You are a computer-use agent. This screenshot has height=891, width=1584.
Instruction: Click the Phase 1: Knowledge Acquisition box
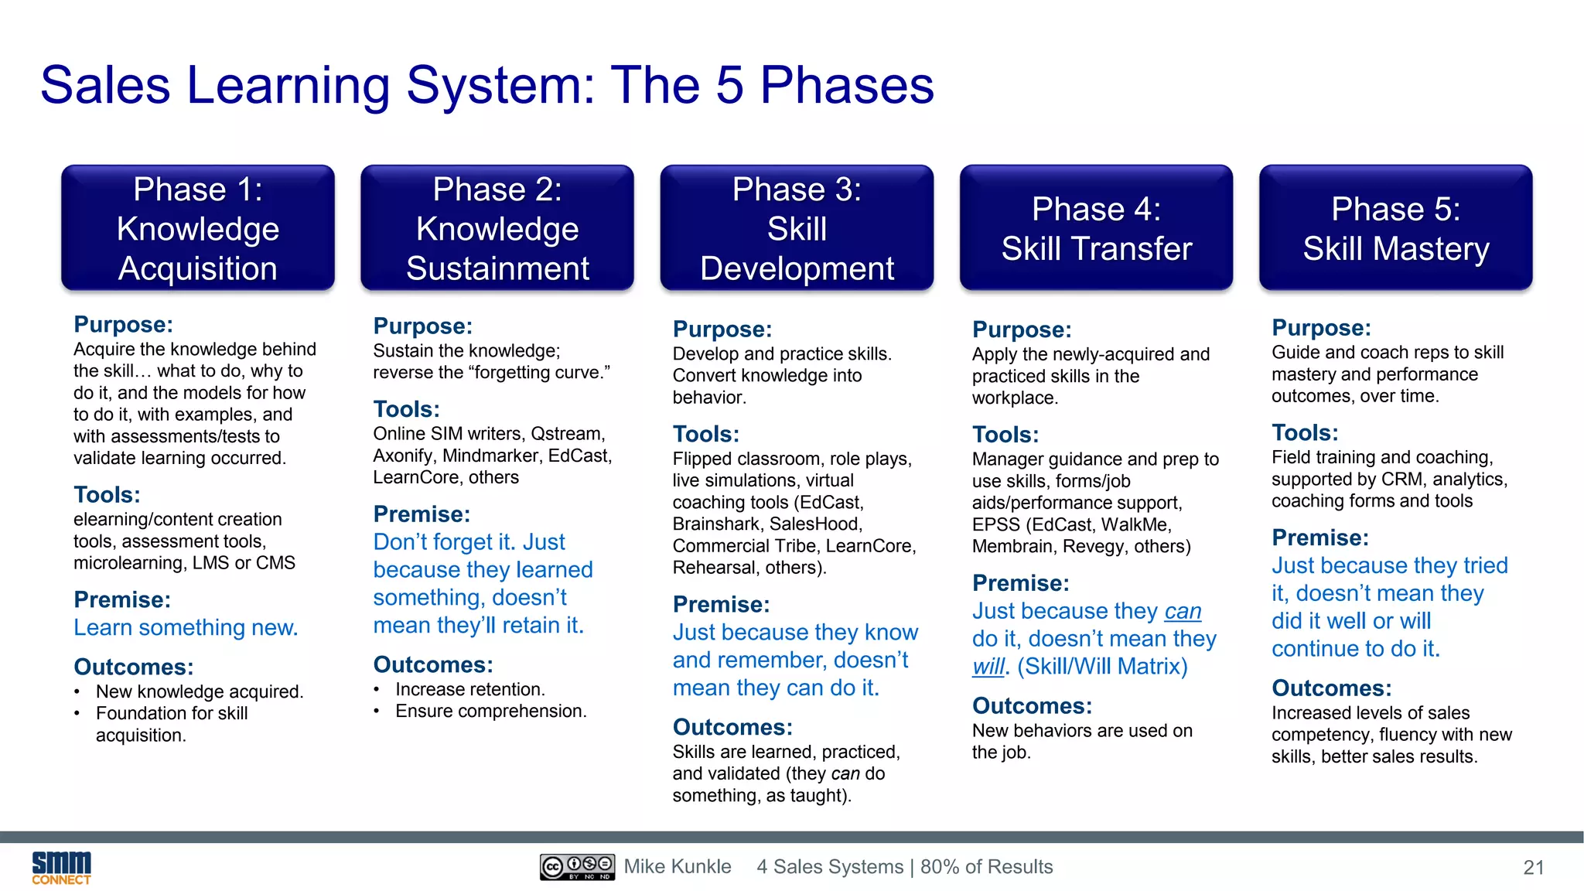tap(198, 228)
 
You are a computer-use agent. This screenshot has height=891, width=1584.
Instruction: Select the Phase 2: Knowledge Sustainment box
tap(497, 228)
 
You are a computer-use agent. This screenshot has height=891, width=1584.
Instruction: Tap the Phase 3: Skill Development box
tap(797, 228)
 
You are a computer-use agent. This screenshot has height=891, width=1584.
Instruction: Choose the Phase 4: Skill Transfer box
tap(1096, 228)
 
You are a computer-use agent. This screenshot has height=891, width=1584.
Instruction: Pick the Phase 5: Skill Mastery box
tap(1395, 228)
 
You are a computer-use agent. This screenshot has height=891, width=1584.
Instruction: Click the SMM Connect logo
tap(61, 867)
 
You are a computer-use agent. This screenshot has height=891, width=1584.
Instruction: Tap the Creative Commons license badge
tap(577, 867)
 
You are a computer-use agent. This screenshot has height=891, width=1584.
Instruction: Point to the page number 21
tap(1533, 868)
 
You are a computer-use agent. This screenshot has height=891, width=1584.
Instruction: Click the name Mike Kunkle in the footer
tap(678, 867)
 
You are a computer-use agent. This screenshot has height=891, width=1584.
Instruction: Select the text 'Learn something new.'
tap(186, 627)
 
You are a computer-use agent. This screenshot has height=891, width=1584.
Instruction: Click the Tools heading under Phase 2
tap(406, 409)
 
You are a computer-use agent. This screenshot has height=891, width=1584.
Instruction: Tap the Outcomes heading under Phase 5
tap(1331, 688)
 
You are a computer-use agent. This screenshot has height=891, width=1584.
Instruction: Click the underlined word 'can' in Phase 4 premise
tap(1183, 611)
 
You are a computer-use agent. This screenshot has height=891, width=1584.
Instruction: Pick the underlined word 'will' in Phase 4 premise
tap(988, 667)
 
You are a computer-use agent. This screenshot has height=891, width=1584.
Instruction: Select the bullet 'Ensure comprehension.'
tap(490, 711)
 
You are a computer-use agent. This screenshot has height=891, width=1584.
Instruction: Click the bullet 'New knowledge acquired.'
tap(199, 691)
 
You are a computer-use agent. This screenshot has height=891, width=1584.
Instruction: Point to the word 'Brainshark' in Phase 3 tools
tap(715, 524)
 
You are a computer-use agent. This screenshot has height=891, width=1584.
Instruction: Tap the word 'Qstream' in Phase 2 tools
tap(567, 434)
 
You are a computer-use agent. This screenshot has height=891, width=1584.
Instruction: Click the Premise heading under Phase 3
tap(721, 605)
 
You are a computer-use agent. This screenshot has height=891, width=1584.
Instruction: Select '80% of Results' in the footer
tap(986, 867)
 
